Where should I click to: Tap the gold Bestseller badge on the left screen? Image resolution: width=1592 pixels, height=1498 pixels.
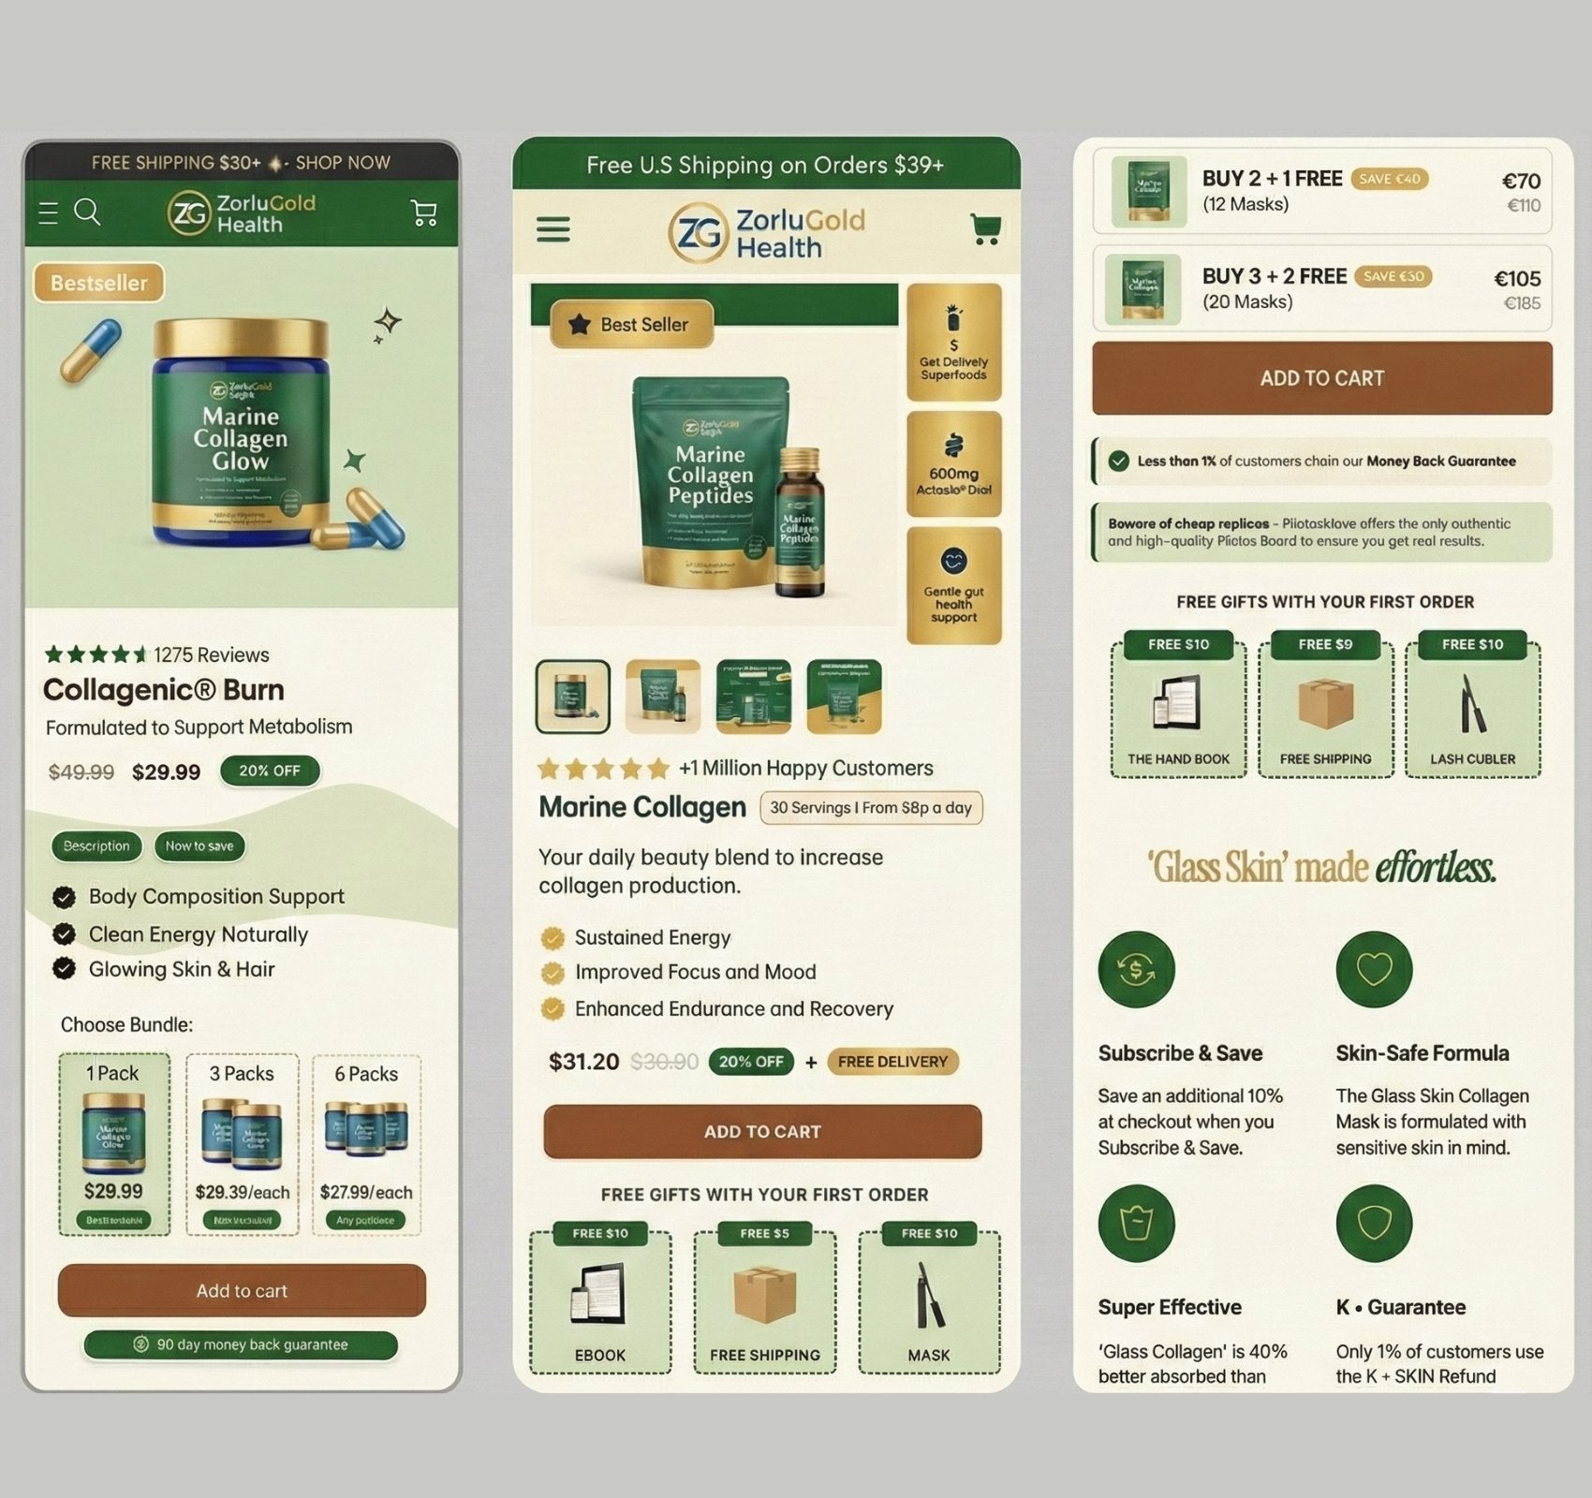click(x=98, y=283)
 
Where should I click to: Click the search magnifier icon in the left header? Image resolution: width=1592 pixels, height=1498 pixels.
click(x=87, y=212)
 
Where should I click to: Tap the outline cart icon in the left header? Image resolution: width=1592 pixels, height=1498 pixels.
click(x=424, y=213)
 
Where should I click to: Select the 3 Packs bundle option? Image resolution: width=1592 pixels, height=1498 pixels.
click(x=242, y=1144)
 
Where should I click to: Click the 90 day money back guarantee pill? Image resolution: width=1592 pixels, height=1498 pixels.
click(x=241, y=1344)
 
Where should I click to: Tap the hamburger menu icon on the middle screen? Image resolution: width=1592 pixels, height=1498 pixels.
click(x=553, y=229)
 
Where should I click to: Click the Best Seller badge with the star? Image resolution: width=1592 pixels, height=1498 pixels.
click(x=631, y=325)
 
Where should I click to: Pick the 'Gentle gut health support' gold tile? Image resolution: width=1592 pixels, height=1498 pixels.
click(x=953, y=586)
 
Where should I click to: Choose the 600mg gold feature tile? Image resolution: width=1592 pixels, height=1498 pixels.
click(x=953, y=464)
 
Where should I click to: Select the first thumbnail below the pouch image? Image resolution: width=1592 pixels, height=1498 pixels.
click(x=572, y=697)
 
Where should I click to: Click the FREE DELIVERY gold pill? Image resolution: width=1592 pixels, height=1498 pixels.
click(x=892, y=1062)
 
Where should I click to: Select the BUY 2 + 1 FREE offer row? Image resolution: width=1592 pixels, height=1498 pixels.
click(x=1321, y=191)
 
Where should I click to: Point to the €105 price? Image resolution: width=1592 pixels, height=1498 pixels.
click(x=1517, y=279)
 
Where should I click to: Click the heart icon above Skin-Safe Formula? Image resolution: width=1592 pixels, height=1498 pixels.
click(x=1374, y=969)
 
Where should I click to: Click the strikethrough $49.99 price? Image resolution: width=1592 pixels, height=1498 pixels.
click(x=81, y=772)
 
